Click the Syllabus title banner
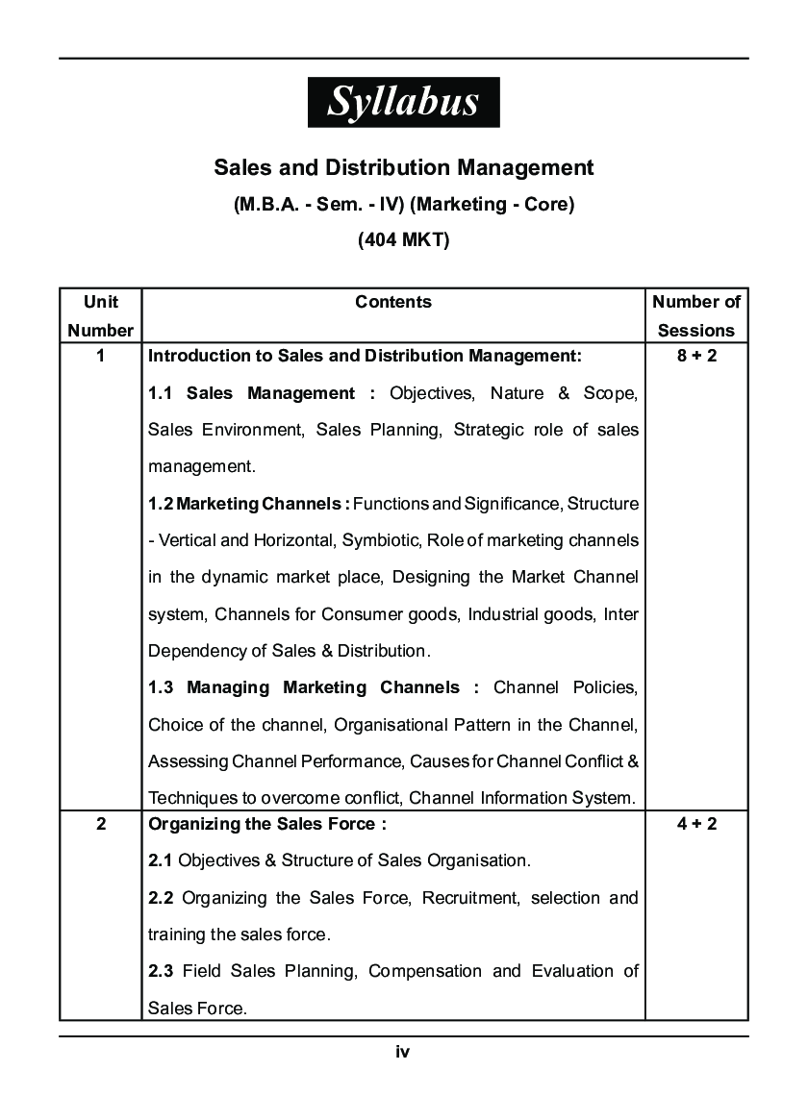(x=403, y=102)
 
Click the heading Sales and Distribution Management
(x=403, y=168)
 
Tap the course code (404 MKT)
(x=403, y=240)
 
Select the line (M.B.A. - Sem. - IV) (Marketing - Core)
(x=403, y=205)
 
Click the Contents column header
(x=393, y=302)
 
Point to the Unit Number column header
(x=101, y=315)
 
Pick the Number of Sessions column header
(x=696, y=315)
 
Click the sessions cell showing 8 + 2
(x=696, y=356)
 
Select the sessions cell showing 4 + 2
(x=696, y=824)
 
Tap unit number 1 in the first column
(x=101, y=356)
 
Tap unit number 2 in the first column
(x=101, y=824)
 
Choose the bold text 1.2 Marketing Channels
(x=248, y=504)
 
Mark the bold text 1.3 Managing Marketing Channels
(x=313, y=687)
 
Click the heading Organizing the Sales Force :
(x=267, y=824)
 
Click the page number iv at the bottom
(x=403, y=1052)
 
